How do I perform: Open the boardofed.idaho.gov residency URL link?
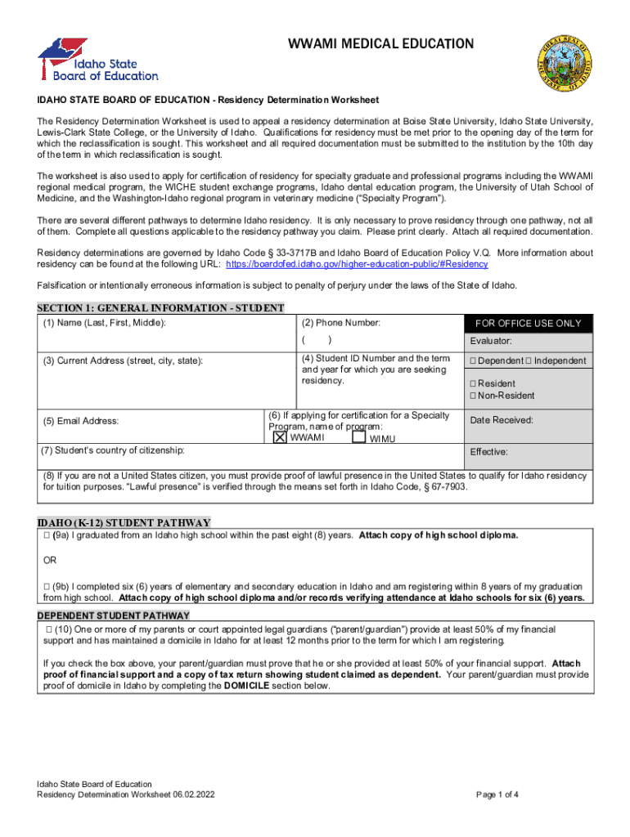(x=357, y=265)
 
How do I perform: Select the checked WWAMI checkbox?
(x=279, y=437)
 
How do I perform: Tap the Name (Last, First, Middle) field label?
(x=104, y=324)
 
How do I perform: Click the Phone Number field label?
(x=341, y=323)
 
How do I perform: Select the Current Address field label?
(x=124, y=360)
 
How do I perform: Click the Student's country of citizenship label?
(x=113, y=450)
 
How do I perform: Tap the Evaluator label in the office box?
(x=491, y=342)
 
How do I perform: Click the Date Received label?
(x=502, y=420)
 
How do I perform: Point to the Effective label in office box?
(x=489, y=451)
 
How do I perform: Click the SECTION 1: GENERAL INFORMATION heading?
(x=160, y=308)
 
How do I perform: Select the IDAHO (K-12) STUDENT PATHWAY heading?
(x=124, y=522)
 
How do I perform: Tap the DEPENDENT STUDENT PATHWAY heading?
(x=114, y=615)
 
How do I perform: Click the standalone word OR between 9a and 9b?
(x=50, y=561)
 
